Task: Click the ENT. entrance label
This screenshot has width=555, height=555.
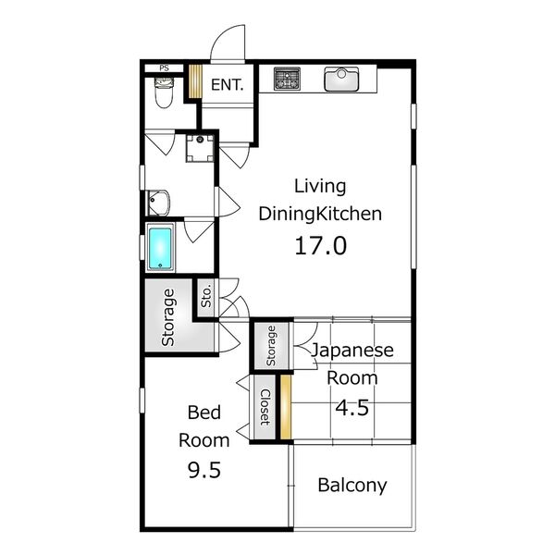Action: coord(228,85)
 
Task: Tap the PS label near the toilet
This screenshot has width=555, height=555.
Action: coord(165,68)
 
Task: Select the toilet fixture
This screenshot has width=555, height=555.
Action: coord(164,92)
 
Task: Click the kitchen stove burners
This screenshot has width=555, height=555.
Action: coord(287,79)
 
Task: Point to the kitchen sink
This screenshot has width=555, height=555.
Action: coord(341,80)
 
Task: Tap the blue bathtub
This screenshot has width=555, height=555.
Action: coord(160,249)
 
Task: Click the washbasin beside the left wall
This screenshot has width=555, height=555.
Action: coord(158,203)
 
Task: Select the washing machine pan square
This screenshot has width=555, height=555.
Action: coord(200,148)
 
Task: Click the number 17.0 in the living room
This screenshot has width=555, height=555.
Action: coord(321,246)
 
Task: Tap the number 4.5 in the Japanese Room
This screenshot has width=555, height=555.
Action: coord(352,407)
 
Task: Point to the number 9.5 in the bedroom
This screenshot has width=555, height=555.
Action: coord(204,471)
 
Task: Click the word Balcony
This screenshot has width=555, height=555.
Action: coord(352,486)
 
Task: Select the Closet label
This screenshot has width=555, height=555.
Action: coord(265,407)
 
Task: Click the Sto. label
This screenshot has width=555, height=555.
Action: coord(206,296)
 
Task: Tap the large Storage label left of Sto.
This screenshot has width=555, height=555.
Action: coord(168,317)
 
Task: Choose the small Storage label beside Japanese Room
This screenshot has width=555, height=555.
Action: coord(271,346)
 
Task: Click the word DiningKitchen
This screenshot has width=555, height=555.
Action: coord(320,214)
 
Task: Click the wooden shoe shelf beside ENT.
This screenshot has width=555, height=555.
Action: coord(194,81)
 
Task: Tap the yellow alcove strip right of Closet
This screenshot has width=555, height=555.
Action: coord(286,407)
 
